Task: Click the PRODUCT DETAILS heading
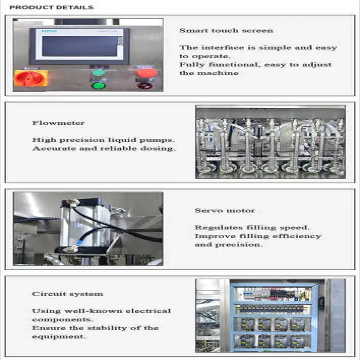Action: (x=51, y=7)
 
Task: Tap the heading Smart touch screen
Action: (x=226, y=30)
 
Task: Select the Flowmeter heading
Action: (x=59, y=123)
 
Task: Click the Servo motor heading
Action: (x=225, y=210)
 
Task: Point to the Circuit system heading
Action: (x=67, y=294)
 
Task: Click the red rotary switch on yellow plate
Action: (x=30, y=78)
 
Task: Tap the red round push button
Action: (x=147, y=73)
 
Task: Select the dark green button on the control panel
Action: (x=99, y=86)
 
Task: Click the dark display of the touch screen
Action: (x=80, y=46)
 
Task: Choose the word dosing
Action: (x=158, y=149)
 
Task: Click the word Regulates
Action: (x=219, y=228)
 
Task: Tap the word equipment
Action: (x=59, y=337)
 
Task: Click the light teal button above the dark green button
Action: (x=99, y=73)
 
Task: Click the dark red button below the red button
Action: (x=145, y=86)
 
